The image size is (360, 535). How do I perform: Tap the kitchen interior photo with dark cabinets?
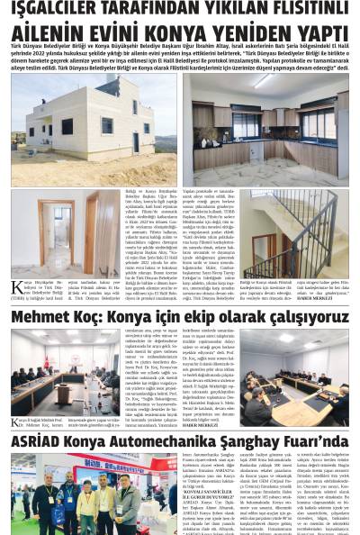[x=266, y=129]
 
